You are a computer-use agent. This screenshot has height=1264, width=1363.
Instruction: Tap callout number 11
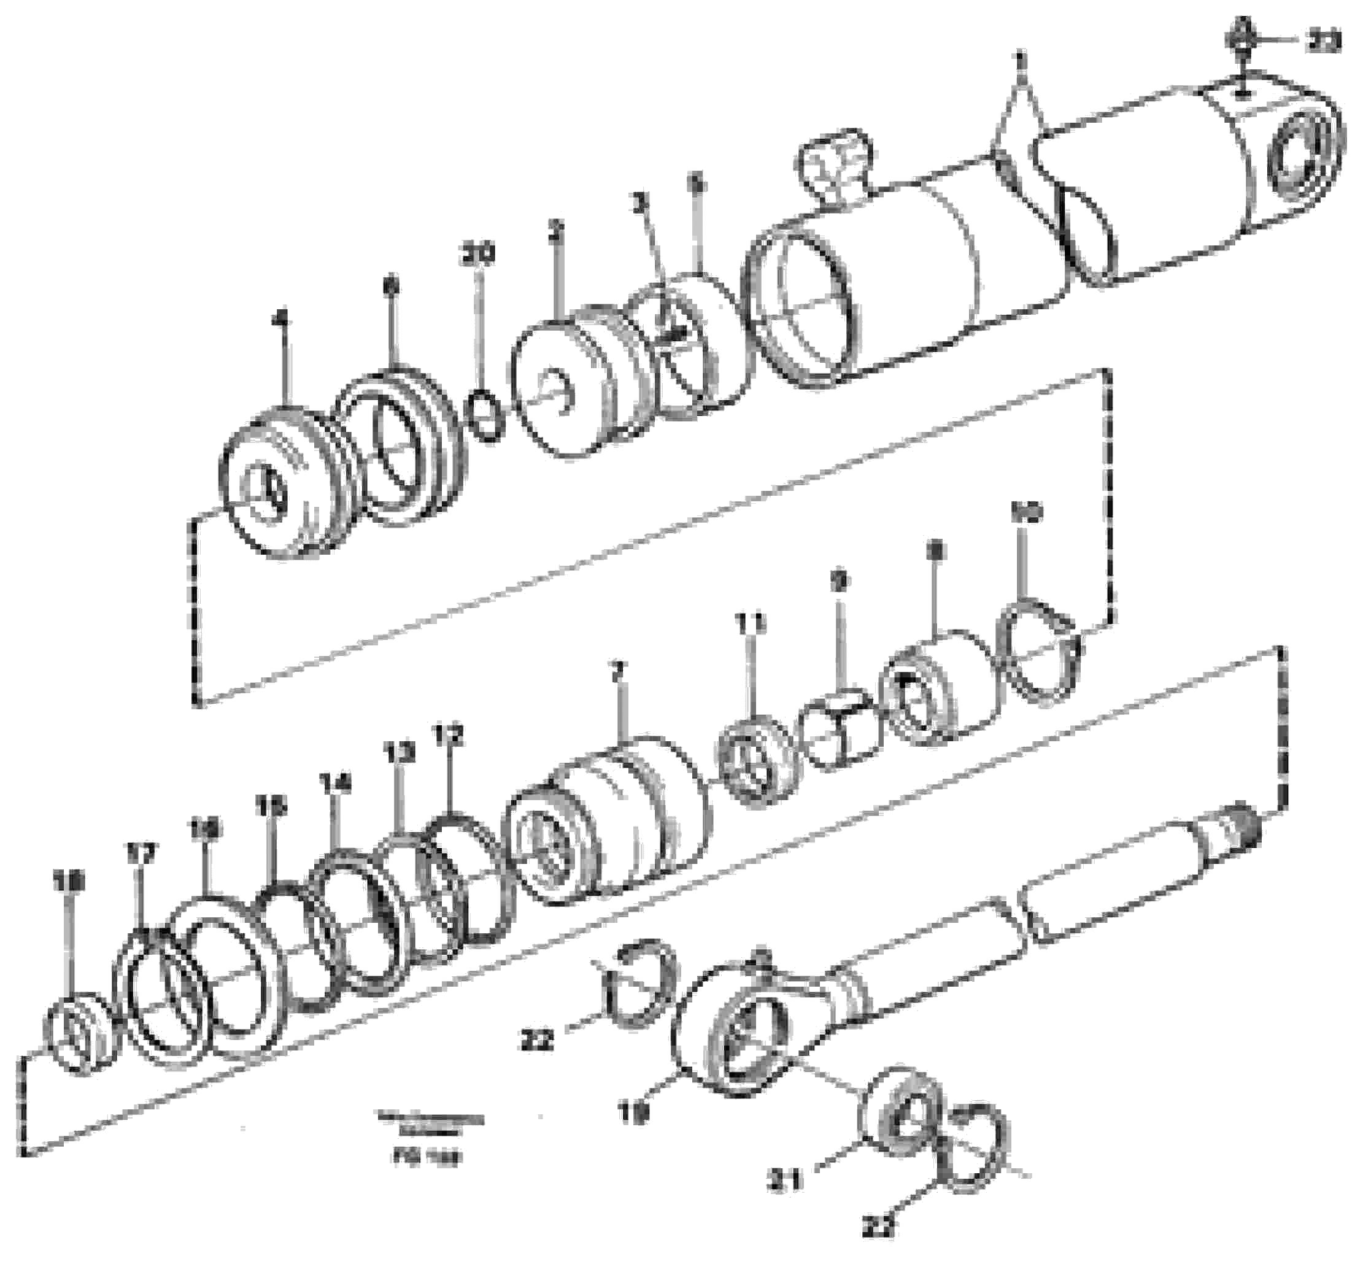751,624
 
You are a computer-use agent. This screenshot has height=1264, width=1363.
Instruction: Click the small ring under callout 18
80,1033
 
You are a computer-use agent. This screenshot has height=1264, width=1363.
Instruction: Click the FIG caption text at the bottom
428,1158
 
